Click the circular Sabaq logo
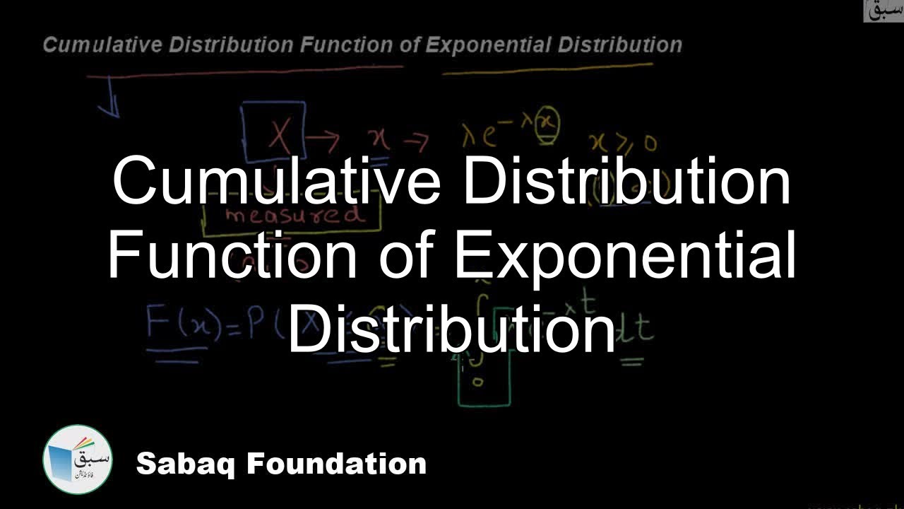pos(77,460)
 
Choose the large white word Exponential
pos(625,258)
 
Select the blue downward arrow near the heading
pos(109,106)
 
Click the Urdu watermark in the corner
pos(883,10)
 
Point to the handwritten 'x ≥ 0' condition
pos(626,142)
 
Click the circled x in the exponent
pos(546,122)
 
